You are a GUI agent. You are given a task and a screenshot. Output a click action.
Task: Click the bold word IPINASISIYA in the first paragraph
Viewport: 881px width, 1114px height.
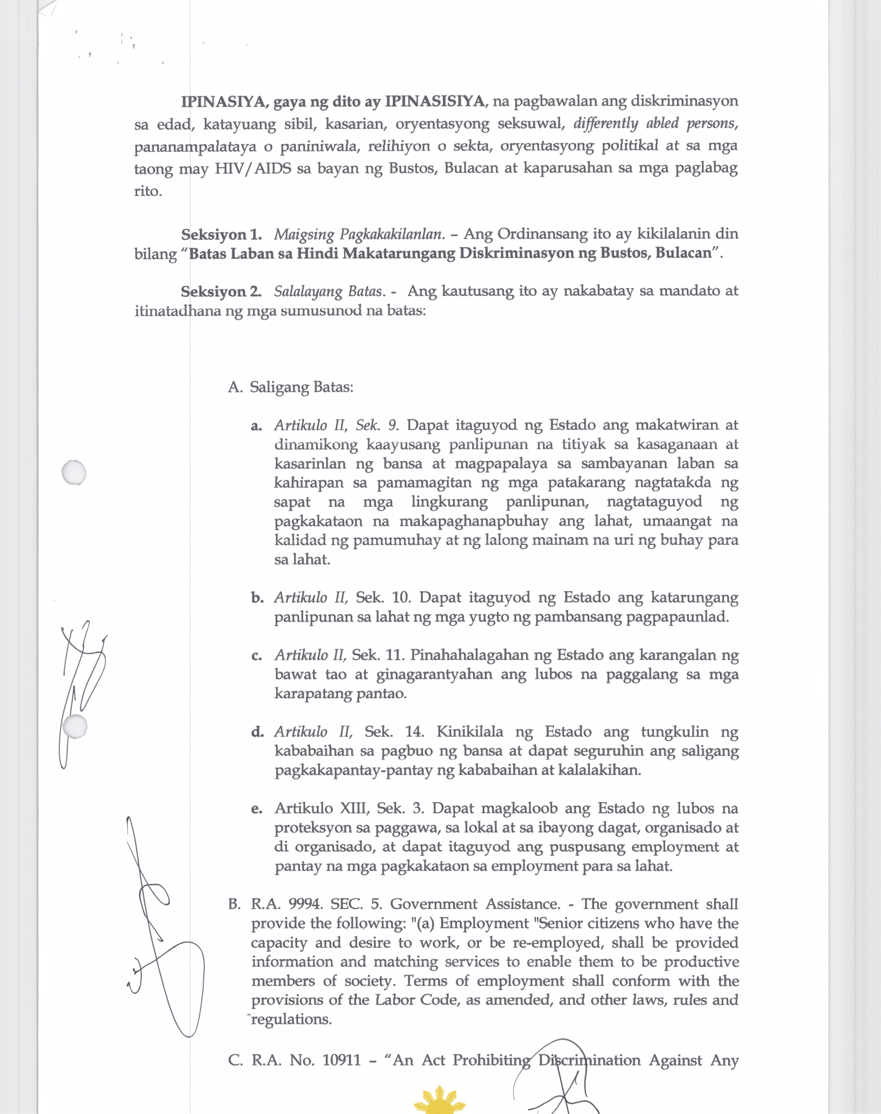click(435, 101)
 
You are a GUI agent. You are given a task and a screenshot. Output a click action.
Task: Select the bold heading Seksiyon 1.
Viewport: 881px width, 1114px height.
click(221, 235)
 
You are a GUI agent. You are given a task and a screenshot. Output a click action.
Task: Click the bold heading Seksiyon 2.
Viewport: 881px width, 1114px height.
click(221, 292)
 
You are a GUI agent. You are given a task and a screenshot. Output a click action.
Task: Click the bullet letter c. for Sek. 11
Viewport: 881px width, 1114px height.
click(256, 656)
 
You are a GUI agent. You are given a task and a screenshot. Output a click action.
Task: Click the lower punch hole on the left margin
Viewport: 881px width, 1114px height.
click(75, 726)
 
